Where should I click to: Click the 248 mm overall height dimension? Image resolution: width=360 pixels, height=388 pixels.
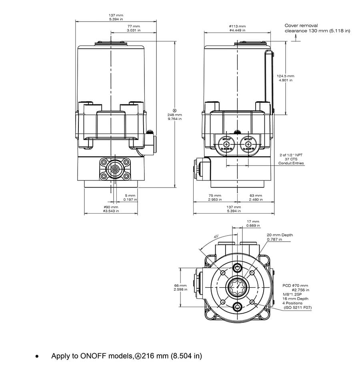click(x=174, y=114)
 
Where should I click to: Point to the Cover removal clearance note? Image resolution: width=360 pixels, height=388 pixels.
click(x=317, y=28)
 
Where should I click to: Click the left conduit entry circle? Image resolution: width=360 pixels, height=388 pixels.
click(x=226, y=144)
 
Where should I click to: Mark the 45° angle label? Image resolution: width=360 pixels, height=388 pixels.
click(x=216, y=237)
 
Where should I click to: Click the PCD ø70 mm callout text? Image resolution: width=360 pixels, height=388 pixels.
click(x=296, y=286)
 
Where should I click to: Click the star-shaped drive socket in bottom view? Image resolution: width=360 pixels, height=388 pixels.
click(x=238, y=287)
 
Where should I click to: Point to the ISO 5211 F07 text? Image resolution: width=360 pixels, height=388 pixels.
click(x=297, y=308)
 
